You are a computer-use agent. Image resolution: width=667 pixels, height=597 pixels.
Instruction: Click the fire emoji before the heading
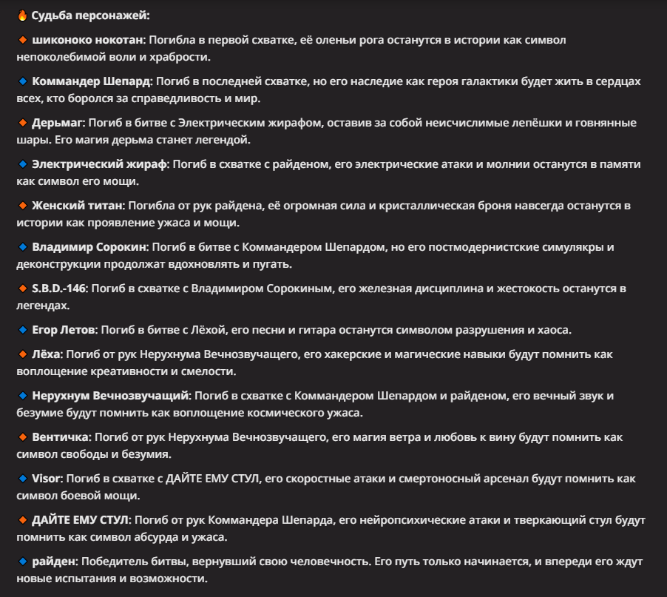[21, 15]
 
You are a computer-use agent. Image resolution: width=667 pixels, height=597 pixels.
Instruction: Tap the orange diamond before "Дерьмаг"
[21, 122]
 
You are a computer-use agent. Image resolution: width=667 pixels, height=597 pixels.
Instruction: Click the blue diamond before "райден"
[21, 561]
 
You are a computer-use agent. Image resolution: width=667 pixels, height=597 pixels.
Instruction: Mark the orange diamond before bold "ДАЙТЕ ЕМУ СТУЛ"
[21, 520]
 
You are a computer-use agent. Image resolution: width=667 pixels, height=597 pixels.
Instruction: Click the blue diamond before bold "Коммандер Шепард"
[21, 81]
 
